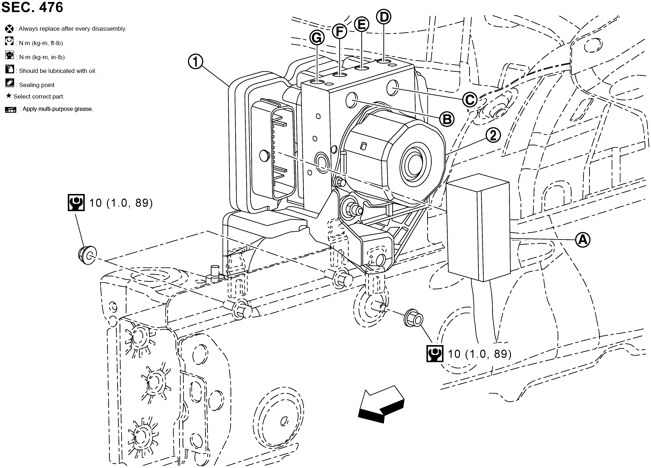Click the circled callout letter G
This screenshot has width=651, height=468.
coord(317,38)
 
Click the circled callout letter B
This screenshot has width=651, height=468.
coord(447,119)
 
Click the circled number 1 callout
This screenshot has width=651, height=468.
coord(195,62)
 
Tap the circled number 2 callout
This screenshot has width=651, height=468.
coord(493,135)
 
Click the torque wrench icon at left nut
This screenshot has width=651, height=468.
coord(76,203)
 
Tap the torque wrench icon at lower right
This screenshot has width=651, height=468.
coord(435,353)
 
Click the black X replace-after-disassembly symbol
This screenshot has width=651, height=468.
coord(9,29)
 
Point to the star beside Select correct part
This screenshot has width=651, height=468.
coord(9,96)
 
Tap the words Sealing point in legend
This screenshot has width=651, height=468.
coord(37,85)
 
